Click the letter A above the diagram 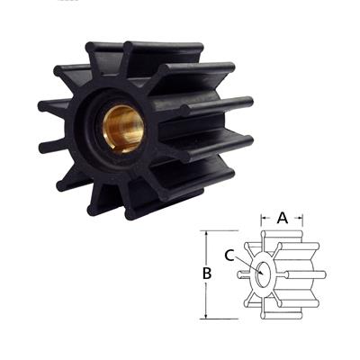pos(282,217)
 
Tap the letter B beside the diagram pos(206,273)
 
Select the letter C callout pos(230,256)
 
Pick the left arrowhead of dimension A pos(262,217)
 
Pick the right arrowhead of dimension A pos(301,217)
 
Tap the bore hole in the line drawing pos(262,274)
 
